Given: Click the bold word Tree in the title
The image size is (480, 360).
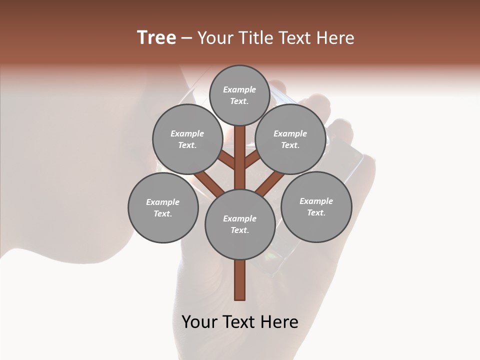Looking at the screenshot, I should coord(156,38).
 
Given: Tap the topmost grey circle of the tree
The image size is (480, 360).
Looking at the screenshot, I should coord(239,95).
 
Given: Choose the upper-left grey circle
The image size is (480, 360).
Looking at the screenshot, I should coord(187,139).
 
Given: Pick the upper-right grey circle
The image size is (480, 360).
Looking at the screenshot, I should coord(290,139).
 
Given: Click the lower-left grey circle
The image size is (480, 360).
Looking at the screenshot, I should coord(162,207).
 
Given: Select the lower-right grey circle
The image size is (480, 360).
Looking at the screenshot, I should coord(316,206).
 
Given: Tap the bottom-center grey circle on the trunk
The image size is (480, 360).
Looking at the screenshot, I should coord(239,224).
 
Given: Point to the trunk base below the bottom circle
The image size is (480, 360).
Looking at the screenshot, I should coord(239,280).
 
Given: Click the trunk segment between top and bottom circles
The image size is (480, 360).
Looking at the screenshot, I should coord(239,157).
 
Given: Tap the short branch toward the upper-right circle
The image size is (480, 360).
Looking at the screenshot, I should coord(252,159).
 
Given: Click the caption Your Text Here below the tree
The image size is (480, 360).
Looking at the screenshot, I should coord(239,322).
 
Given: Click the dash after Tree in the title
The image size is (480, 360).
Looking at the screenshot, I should coord(186,38).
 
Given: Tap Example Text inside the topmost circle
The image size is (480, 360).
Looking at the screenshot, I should coord(239,95).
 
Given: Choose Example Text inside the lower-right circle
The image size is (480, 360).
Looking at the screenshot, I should coord(316,206).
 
